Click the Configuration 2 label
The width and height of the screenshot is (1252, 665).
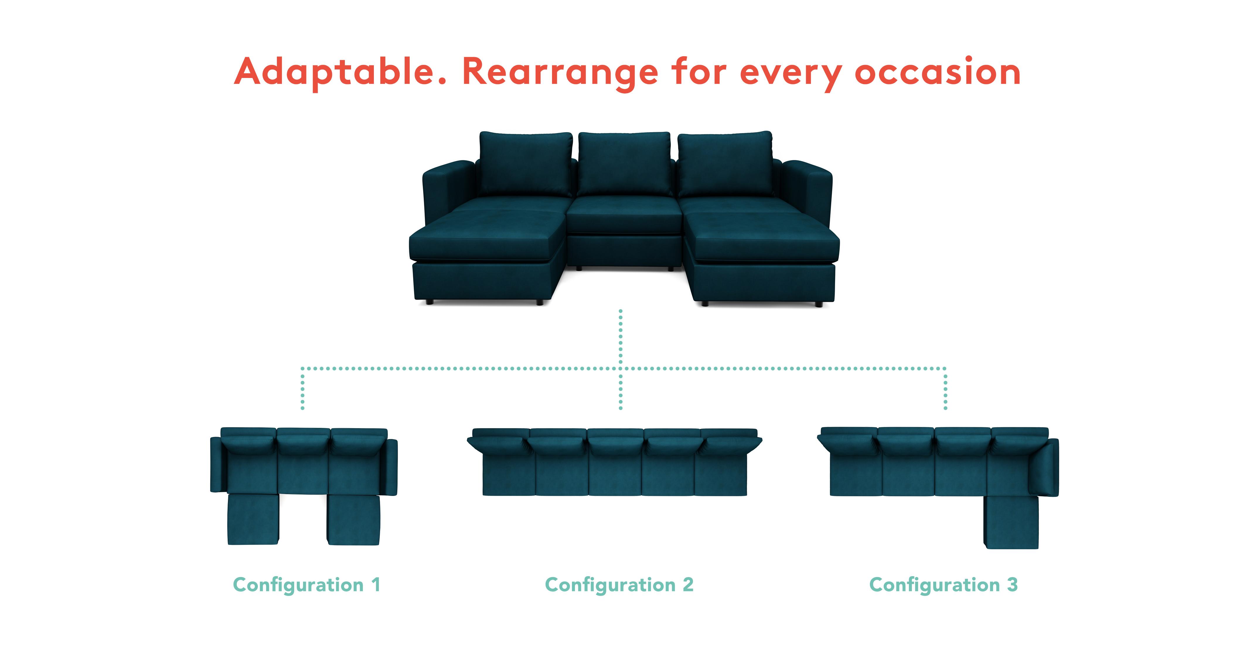[x=619, y=585]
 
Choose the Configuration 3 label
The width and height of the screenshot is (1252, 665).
[x=943, y=585]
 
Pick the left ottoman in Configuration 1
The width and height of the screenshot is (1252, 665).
[x=253, y=519]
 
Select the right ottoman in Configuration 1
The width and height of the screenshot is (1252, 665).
[x=353, y=519]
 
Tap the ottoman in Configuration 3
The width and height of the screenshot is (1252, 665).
[x=1011, y=522]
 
